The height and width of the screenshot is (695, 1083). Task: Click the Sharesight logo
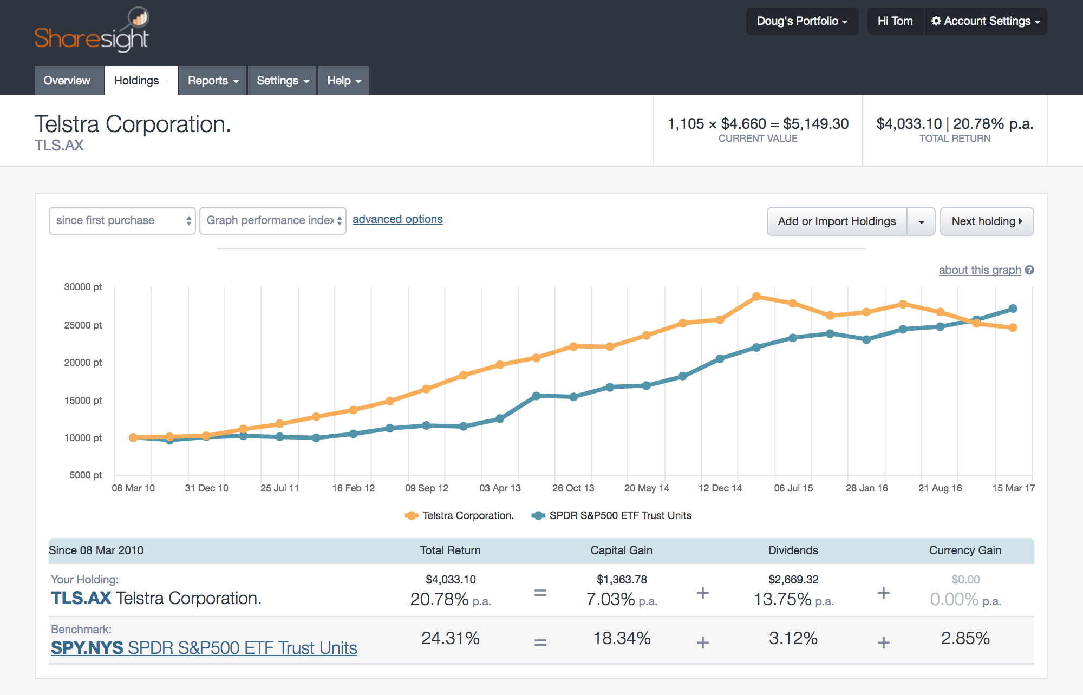coord(92,31)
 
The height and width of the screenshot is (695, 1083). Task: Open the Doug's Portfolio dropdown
coord(801,21)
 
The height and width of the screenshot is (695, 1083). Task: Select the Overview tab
coord(67,81)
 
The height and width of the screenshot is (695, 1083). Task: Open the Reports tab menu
coord(212,81)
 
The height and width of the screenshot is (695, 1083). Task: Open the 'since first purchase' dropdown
coord(122,221)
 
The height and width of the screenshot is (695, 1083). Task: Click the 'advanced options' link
coord(397,219)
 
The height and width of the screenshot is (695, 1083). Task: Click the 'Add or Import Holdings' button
coord(837,221)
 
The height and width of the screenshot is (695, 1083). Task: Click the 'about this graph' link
coord(980,270)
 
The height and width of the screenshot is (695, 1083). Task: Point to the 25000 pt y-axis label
coord(83,325)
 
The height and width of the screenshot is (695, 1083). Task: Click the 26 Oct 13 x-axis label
coord(573,488)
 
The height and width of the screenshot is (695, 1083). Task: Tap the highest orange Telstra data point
coord(756,297)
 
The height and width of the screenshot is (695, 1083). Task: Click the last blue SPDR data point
coord(1013,309)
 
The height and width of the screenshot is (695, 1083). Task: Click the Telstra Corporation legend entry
coord(459,516)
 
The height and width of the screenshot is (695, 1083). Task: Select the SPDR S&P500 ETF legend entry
coord(612,516)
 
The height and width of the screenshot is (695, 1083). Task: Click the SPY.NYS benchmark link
coord(204,648)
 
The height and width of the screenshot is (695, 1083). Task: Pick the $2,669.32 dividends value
coord(793,580)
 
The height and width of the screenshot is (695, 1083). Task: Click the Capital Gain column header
coord(621,550)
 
